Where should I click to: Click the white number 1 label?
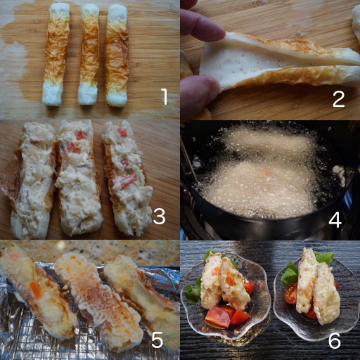(165, 96)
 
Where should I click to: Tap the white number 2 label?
(338, 99)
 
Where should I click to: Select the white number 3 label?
(159, 216)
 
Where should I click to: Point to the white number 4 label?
(335, 219)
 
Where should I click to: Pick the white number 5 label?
(157, 340)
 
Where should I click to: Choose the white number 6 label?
(335, 340)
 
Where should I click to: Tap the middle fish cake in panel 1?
(89, 55)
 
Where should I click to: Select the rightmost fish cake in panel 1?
(117, 56)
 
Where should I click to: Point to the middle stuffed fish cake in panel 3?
(79, 178)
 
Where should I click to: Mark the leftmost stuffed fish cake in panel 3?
(33, 181)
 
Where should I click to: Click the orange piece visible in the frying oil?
(265, 173)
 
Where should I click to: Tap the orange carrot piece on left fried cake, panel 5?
(35, 290)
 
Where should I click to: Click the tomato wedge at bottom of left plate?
(217, 317)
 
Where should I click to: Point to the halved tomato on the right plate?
(291, 293)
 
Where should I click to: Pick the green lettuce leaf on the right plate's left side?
(289, 275)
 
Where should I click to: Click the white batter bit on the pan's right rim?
(340, 172)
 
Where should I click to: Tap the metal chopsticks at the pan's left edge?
(187, 156)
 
